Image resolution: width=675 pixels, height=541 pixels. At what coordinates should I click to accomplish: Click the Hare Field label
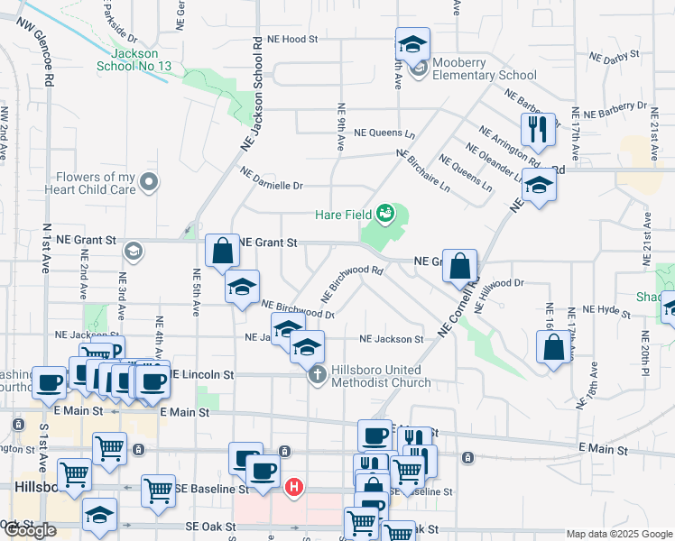[343, 215]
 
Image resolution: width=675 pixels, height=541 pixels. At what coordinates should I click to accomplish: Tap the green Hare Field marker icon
[385, 213]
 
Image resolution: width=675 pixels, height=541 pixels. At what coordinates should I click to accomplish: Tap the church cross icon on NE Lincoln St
[317, 375]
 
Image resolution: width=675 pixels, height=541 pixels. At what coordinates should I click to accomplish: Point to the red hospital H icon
[293, 489]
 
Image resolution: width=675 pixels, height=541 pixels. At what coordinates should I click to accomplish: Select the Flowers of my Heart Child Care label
[95, 183]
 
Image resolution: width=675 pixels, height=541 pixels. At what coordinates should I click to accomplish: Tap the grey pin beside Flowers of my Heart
[151, 183]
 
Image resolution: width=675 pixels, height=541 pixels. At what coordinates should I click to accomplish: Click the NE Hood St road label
[293, 40]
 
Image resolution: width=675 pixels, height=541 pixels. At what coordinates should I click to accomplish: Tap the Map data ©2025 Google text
[619, 534]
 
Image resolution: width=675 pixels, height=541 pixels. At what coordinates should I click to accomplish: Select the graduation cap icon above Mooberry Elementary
[412, 42]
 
